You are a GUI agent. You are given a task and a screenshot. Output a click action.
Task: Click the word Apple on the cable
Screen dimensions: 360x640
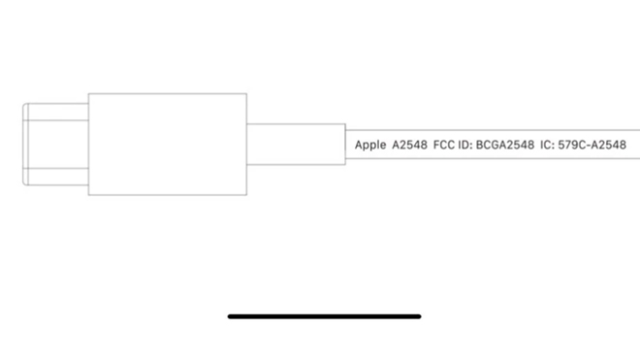click(370, 145)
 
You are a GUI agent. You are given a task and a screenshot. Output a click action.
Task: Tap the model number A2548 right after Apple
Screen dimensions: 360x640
click(409, 145)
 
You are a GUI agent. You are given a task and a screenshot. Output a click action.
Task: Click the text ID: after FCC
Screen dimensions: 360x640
click(465, 145)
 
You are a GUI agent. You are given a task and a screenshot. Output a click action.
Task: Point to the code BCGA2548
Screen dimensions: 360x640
click(505, 145)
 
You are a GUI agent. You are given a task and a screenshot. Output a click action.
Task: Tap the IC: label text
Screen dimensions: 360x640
click(547, 145)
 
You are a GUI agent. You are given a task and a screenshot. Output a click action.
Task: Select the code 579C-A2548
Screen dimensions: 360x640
click(592, 145)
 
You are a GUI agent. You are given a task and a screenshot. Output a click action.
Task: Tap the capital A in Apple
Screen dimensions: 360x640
click(358, 145)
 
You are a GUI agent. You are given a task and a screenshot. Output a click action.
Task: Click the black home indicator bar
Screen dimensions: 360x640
click(325, 315)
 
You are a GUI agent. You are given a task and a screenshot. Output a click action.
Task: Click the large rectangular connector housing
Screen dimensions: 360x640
click(167, 144)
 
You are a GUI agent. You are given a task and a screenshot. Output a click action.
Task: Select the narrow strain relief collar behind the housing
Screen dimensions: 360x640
click(295, 144)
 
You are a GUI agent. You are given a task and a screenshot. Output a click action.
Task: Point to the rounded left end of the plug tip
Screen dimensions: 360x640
click(24, 144)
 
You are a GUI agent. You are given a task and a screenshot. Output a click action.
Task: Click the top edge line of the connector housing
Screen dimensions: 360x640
click(167, 93)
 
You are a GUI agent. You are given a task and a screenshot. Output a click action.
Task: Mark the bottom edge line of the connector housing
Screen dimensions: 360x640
click(167, 195)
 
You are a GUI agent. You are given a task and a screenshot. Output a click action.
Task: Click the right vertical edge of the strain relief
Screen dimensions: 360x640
click(345, 144)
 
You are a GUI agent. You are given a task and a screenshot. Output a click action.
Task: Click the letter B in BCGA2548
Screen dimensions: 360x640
click(480, 145)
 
